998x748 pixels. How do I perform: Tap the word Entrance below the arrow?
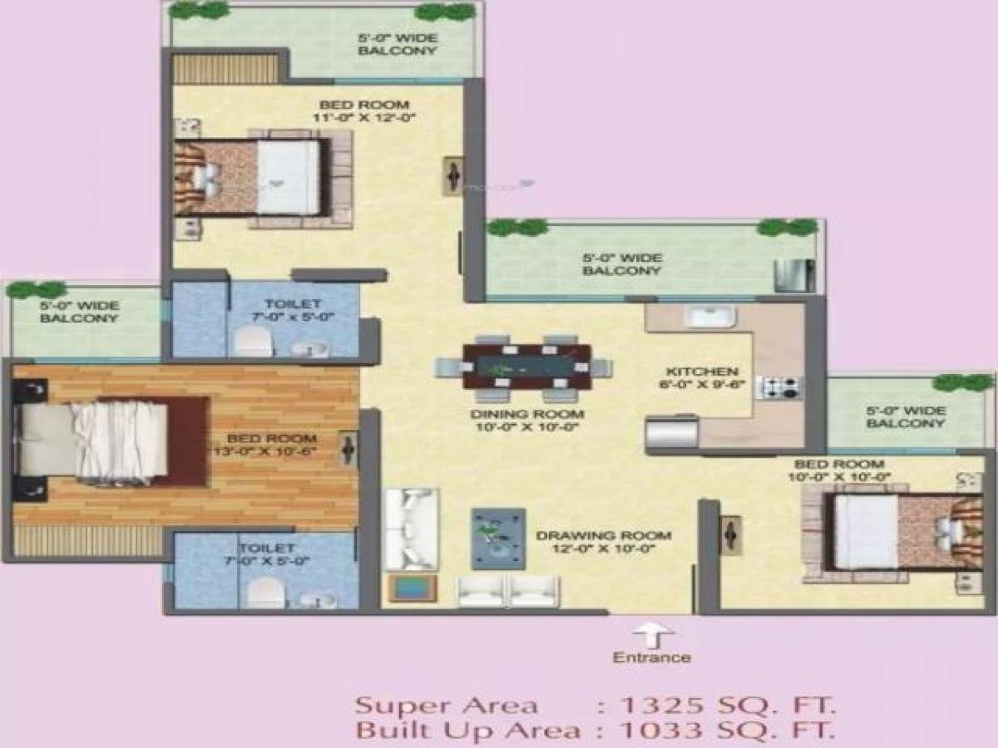click(651, 657)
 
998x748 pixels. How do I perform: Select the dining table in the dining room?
click(526, 367)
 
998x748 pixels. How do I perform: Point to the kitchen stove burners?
click(779, 386)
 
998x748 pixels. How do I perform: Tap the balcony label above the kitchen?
click(621, 264)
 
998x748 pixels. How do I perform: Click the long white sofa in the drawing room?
click(411, 528)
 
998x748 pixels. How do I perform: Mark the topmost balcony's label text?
click(398, 45)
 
